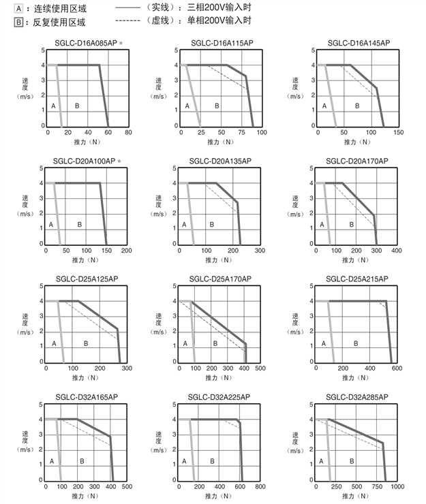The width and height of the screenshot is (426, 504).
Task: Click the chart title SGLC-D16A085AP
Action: point(85,43)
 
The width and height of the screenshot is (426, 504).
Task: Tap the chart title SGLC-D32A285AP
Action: point(357,396)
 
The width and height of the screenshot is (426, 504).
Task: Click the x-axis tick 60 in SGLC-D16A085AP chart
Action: point(108,132)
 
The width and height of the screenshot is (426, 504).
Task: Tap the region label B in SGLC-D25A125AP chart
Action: point(86,344)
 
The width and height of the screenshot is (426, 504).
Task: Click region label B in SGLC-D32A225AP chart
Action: point(213,461)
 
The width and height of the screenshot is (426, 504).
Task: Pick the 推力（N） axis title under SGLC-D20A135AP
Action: point(218,260)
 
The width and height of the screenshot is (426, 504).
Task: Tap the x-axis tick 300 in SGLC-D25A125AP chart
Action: point(127,368)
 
